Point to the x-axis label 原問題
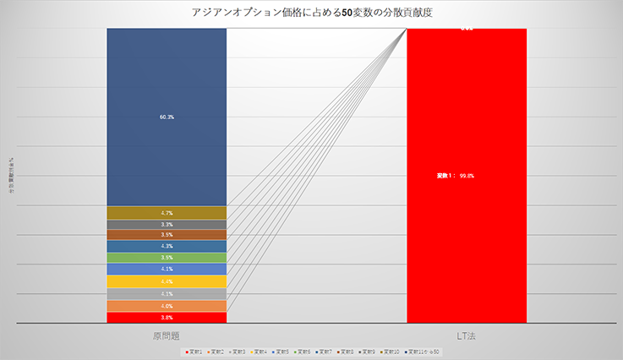[167, 336]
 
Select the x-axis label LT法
[467, 336]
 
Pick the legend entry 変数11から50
[424, 350]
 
